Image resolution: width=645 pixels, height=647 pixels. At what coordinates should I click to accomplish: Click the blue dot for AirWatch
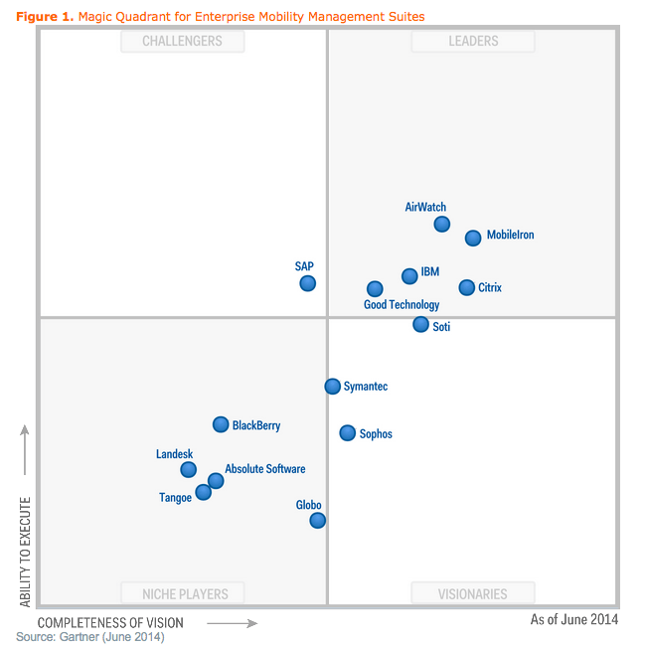click(442, 224)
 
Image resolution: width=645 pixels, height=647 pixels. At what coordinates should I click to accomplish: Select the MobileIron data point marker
click(473, 238)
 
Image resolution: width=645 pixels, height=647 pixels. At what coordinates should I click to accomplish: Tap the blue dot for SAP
click(308, 283)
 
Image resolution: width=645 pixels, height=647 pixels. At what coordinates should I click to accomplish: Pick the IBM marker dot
click(409, 275)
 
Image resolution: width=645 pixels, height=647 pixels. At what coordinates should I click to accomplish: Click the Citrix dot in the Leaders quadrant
click(467, 287)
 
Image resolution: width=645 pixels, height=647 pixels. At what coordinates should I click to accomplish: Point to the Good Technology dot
click(375, 289)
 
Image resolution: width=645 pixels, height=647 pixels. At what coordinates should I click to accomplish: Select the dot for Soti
click(421, 324)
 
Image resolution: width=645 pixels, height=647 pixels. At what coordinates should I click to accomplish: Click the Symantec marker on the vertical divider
click(333, 386)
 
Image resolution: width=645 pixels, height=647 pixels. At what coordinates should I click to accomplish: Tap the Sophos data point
click(347, 432)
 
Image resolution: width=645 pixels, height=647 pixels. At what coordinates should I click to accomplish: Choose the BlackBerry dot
click(221, 424)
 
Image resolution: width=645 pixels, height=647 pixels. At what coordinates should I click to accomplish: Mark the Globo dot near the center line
click(317, 520)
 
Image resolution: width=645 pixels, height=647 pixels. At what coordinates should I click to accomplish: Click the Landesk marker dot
click(188, 469)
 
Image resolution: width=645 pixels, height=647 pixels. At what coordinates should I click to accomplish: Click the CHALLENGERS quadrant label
click(182, 42)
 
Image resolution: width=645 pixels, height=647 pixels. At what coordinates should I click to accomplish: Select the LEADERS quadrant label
click(473, 42)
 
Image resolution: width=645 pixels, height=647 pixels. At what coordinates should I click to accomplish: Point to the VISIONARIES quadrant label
click(473, 594)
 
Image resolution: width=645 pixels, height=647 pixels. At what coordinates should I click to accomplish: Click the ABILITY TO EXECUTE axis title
click(26, 552)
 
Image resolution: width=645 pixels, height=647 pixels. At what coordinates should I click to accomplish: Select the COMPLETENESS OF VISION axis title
click(110, 623)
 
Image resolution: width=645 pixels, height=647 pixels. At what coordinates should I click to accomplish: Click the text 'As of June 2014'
click(573, 619)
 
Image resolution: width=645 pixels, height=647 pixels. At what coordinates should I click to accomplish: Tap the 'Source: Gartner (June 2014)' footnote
click(89, 636)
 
